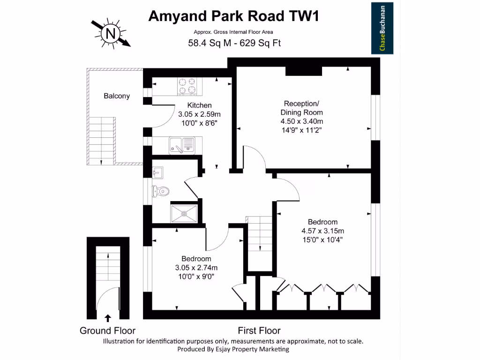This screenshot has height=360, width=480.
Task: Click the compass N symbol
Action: (111, 33)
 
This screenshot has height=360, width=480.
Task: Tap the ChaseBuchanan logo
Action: (382, 29)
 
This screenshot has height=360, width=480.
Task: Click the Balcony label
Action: (117, 96)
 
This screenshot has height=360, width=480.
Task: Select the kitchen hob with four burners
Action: (187, 86)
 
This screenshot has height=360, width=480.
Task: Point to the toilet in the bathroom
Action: (161, 191)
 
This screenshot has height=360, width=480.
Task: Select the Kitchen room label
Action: (199, 105)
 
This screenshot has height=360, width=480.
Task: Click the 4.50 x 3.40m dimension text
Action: (302, 121)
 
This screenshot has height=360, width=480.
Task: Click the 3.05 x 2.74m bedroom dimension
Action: (196, 268)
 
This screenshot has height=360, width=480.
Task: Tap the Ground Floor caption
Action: (107, 330)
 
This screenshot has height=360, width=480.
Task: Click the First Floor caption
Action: (259, 330)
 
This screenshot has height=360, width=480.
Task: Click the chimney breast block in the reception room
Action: (304, 70)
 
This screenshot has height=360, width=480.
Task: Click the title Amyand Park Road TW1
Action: (234, 16)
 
